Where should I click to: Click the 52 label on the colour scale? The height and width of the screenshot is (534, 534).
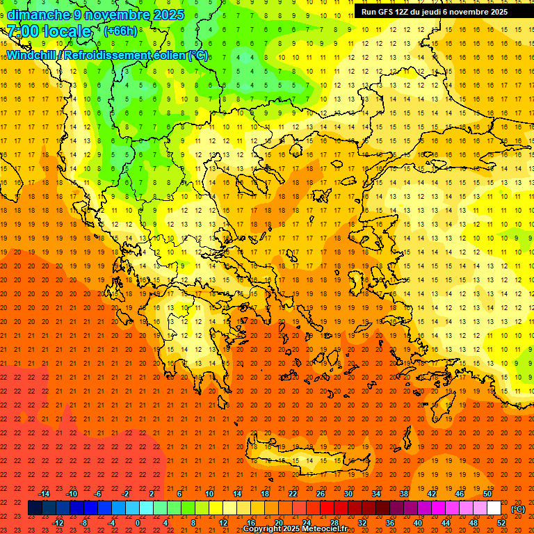tap(501, 523)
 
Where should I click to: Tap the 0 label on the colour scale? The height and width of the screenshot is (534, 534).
tap(138, 523)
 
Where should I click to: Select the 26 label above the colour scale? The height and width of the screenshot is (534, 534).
tap(321, 494)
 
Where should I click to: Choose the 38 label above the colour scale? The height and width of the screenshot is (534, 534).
tap(404, 494)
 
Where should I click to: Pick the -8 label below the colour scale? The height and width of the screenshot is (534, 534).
tap(83, 523)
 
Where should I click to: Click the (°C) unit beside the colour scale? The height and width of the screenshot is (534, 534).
tap(517, 509)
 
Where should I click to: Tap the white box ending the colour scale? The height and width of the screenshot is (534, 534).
tap(494, 508)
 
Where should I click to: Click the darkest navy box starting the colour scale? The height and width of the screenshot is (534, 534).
tap(35, 508)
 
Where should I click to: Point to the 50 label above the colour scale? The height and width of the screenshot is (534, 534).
tap(487, 494)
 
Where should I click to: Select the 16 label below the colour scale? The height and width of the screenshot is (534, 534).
tap(250, 523)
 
